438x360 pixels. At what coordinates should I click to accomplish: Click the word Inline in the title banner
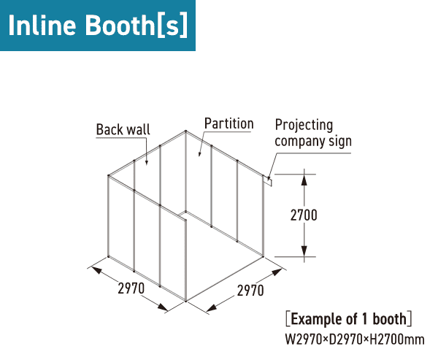[x=42, y=25]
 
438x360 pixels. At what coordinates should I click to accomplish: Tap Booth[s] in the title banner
[x=137, y=26]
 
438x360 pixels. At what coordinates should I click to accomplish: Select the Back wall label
[x=123, y=130]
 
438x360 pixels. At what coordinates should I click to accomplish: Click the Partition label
[x=228, y=123]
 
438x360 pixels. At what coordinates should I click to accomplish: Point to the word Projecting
[x=304, y=125]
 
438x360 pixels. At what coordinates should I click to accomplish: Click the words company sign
[x=313, y=141]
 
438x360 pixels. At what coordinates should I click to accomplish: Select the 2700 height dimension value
[x=304, y=215]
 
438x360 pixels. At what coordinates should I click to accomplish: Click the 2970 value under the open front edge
[x=250, y=291]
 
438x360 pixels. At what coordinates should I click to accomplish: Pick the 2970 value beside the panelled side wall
[x=131, y=288]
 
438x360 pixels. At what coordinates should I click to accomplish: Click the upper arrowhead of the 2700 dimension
[x=304, y=180]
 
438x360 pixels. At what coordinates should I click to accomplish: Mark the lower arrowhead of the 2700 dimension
[x=304, y=250]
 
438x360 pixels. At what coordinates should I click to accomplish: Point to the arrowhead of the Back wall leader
[x=147, y=163]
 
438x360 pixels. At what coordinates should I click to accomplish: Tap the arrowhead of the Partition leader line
[x=199, y=154]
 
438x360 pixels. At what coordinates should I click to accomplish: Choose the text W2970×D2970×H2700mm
[x=355, y=340]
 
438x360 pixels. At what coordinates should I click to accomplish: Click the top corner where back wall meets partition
[x=185, y=131]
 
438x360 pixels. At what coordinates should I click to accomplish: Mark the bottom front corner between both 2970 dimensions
[x=185, y=301]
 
